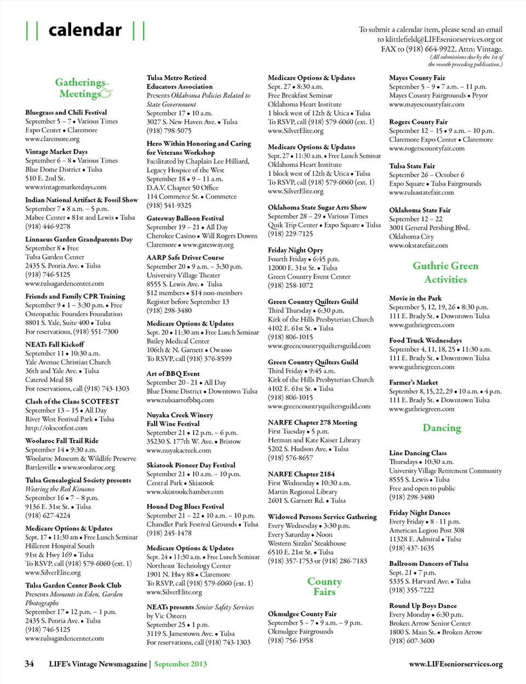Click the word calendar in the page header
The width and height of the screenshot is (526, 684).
(x=85, y=30)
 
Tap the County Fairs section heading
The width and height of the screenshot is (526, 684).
(x=324, y=586)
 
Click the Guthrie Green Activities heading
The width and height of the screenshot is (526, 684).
(x=445, y=272)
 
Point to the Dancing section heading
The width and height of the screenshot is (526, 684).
(x=442, y=428)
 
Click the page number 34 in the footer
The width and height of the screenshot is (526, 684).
(x=29, y=664)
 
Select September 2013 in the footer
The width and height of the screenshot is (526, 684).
(x=180, y=664)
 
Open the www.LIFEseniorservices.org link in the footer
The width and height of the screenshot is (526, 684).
(x=456, y=664)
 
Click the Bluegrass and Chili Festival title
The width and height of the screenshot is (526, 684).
(x=66, y=112)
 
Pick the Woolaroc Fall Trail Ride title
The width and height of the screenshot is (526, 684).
(x=62, y=440)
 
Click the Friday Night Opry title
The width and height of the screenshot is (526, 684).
(x=295, y=250)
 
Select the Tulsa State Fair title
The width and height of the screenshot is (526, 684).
(x=412, y=166)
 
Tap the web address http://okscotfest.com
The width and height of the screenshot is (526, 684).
(x=56, y=428)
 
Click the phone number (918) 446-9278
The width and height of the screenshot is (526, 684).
(x=48, y=226)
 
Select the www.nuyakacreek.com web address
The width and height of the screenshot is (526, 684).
(x=179, y=450)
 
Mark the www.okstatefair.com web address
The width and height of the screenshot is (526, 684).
(x=418, y=245)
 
